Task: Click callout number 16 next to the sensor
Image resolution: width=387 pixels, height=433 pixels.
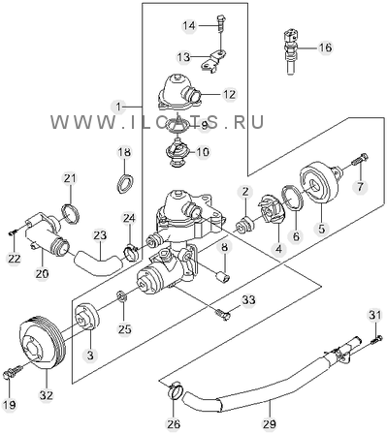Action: pyautogui.click(x=325, y=47)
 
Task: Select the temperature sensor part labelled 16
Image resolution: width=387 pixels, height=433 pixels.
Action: pyautogui.click(x=291, y=51)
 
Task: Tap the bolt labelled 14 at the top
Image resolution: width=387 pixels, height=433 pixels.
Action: pyautogui.click(x=220, y=23)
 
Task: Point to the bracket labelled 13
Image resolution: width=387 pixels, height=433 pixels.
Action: pyautogui.click(x=213, y=60)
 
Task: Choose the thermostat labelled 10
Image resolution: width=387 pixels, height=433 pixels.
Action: pyautogui.click(x=177, y=152)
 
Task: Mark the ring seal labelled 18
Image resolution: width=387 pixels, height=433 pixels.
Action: pyautogui.click(x=125, y=183)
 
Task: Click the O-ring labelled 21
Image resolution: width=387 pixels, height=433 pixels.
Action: pyautogui.click(x=71, y=213)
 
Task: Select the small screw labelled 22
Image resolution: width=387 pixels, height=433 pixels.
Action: pyautogui.click(x=13, y=232)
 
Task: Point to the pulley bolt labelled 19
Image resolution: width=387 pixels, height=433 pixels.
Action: pyautogui.click(x=14, y=372)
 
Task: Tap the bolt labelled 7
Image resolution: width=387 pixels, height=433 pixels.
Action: pyautogui.click(x=359, y=161)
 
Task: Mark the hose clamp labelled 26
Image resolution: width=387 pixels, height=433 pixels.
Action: pyautogui.click(x=176, y=390)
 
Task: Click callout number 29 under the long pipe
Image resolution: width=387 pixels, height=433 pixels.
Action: pyautogui.click(x=270, y=423)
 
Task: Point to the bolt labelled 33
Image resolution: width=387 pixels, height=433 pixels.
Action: pyautogui.click(x=223, y=314)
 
